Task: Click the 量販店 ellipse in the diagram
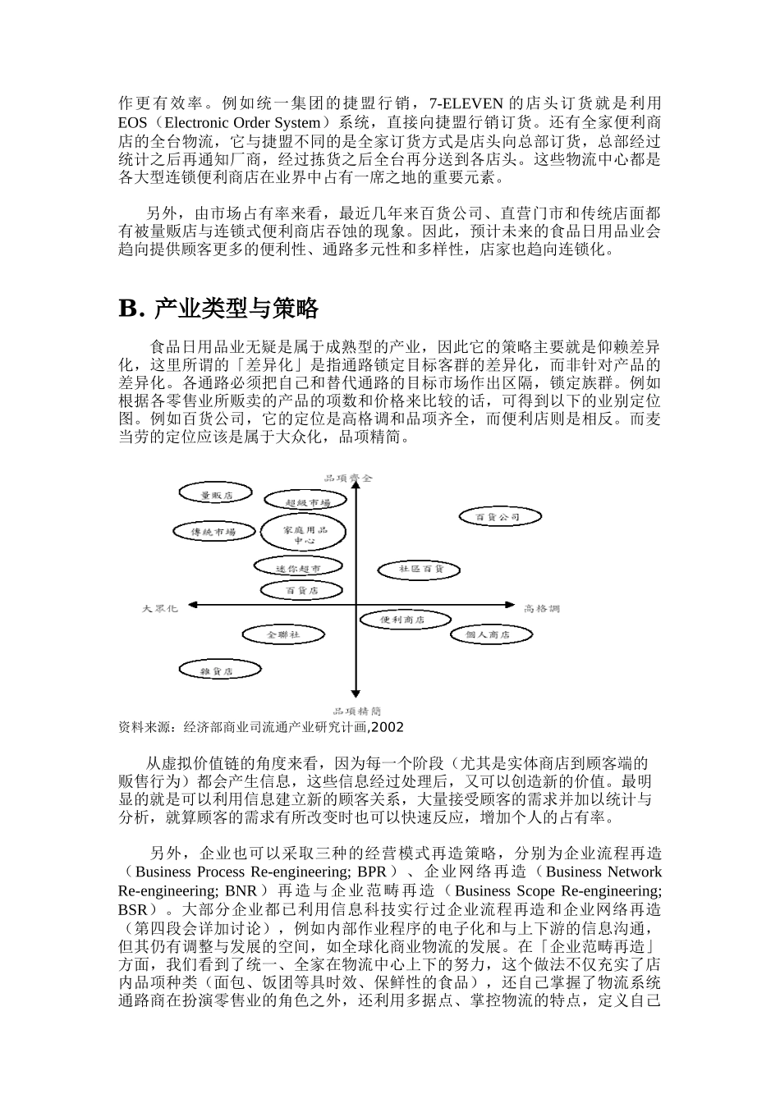(217, 494)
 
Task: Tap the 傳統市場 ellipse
(213, 531)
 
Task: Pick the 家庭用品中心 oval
(304, 535)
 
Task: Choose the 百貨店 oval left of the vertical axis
(301, 589)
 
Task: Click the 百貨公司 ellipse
(499, 516)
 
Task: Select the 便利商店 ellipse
(403, 620)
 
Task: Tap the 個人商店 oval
(488, 634)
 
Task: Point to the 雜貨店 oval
(218, 670)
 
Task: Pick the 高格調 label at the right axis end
(542, 608)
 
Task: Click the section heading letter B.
(131, 309)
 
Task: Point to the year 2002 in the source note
(388, 727)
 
